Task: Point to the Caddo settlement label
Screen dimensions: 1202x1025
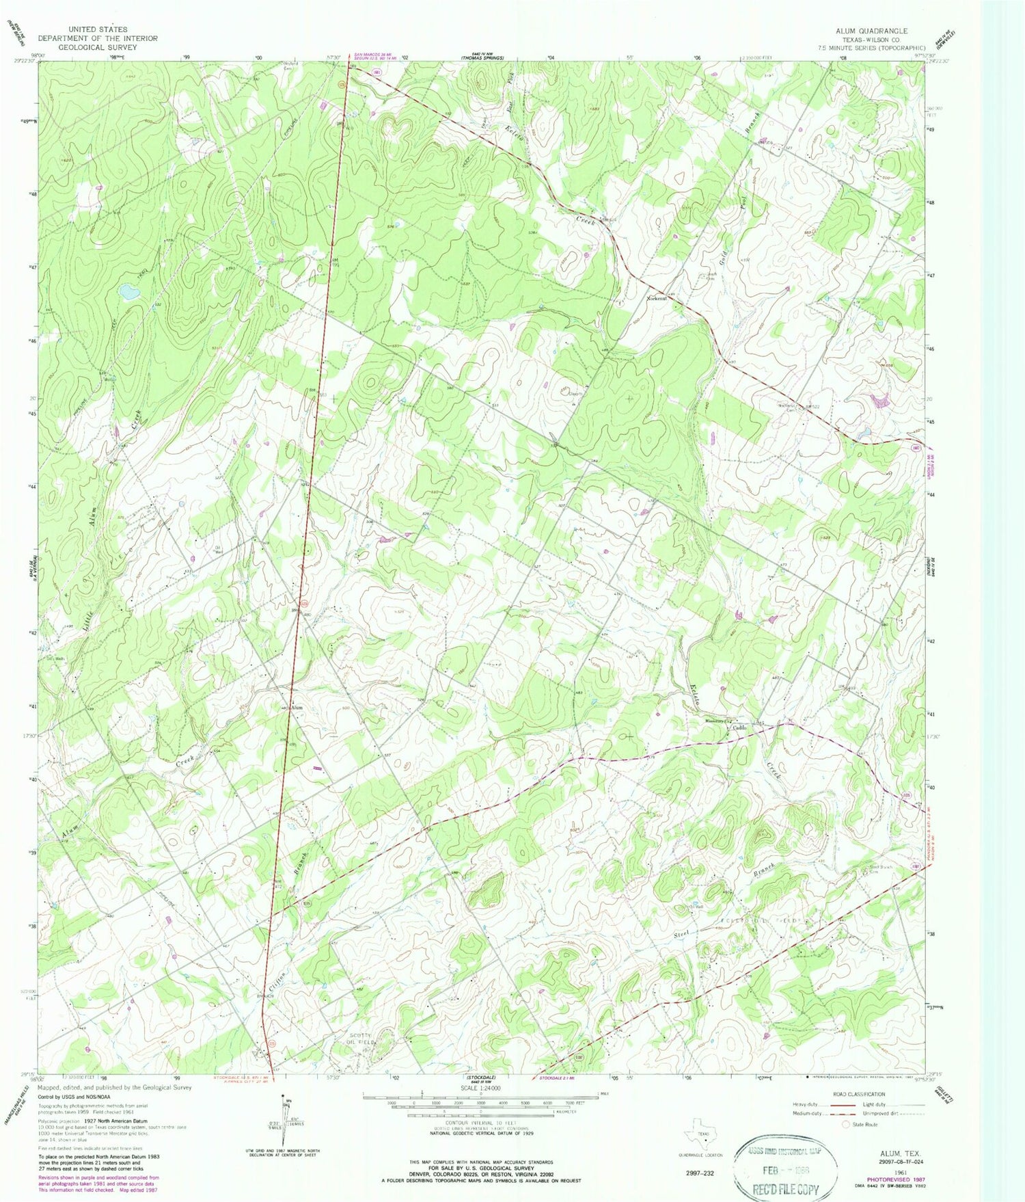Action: point(738,727)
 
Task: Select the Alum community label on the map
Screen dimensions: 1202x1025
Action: point(297,708)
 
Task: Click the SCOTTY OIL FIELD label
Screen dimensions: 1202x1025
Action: point(360,1039)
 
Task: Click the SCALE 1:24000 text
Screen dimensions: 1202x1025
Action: point(480,1088)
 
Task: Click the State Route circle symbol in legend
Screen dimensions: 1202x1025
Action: point(846,1125)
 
